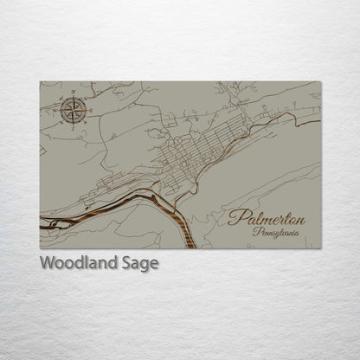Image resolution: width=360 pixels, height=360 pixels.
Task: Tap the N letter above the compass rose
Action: [72, 96]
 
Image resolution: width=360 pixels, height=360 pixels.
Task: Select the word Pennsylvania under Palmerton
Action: [279, 233]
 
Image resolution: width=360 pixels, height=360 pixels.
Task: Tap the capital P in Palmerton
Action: [235, 217]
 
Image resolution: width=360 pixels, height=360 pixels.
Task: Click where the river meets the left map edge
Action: [42, 222]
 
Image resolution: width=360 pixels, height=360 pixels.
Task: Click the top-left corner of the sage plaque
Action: [40, 81]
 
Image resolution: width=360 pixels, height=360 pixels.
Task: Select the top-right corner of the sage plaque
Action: [321, 81]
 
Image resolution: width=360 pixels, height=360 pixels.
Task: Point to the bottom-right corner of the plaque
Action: [321, 248]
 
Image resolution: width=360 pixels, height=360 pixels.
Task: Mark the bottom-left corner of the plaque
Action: [40, 248]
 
